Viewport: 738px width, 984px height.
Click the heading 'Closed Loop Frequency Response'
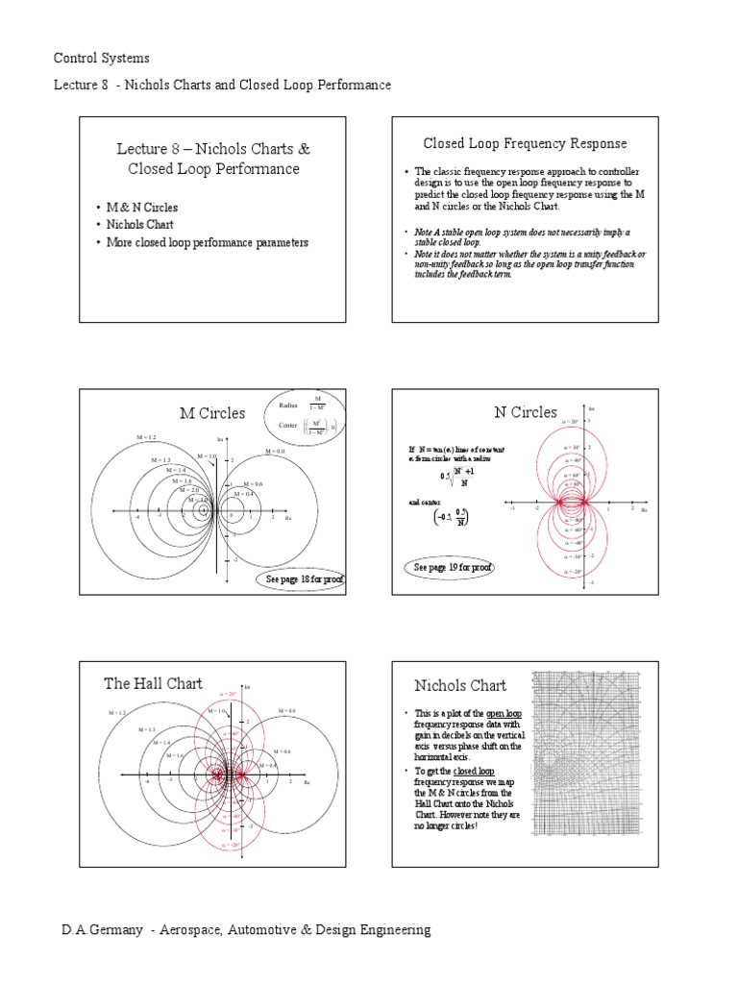pos(525,143)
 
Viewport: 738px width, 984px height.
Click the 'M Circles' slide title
pos(212,413)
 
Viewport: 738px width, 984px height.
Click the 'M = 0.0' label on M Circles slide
pos(276,450)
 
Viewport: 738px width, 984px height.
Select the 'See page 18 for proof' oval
pos(299,579)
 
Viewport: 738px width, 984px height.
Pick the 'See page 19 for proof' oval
pos(452,568)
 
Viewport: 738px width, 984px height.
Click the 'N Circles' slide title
pos(525,412)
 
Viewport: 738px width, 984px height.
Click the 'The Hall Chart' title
pos(153,683)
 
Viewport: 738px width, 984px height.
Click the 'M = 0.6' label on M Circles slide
pos(253,483)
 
